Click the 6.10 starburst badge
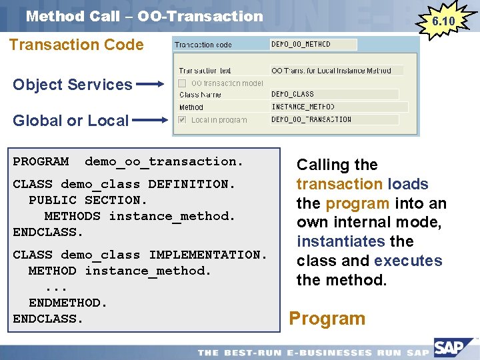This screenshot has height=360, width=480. coord(443,21)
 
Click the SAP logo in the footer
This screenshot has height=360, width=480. coord(452,347)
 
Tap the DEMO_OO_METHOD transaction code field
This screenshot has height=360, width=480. coord(313,45)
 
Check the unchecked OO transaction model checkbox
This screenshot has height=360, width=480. coord(182,83)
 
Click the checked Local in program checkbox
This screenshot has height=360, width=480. coord(182,120)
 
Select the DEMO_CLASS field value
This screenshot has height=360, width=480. coord(334,95)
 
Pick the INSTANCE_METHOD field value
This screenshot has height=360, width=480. coord(339,107)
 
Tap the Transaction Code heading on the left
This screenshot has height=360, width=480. coord(75,45)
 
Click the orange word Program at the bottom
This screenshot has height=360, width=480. coord(327,319)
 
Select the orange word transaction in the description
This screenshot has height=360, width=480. coord(339,184)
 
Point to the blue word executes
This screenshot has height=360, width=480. coord(409,261)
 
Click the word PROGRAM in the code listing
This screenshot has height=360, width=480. coord(41,161)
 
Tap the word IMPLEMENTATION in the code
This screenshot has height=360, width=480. coord(207,255)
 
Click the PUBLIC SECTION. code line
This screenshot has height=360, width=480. coord(87,200)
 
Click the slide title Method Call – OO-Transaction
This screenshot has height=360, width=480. coord(145,16)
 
